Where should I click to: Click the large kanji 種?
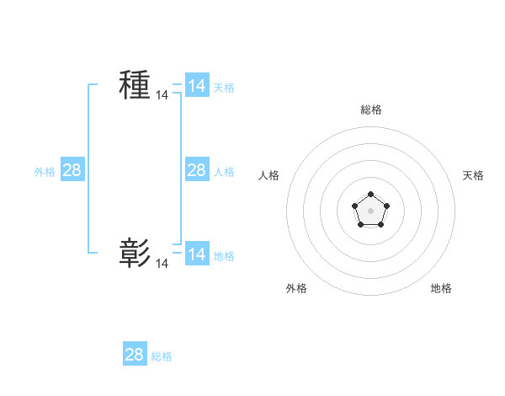(x=135, y=85)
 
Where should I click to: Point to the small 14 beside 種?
(x=162, y=96)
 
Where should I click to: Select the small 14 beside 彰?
(x=162, y=264)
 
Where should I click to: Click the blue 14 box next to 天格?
(x=197, y=86)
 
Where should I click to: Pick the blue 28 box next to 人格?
(x=197, y=170)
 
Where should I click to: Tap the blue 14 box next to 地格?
(x=197, y=254)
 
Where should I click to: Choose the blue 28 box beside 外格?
(x=72, y=170)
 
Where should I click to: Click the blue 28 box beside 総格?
(x=135, y=355)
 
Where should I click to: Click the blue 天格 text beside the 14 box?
(x=224, y=88)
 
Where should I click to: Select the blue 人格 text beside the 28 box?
(x=224, y=172)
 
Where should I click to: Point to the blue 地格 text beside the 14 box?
(x=224, y=255)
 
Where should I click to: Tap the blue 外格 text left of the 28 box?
(x=45, y=172)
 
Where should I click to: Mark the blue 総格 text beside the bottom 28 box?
(x=162, y=356)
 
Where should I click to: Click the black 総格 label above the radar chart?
(x=370, y=110)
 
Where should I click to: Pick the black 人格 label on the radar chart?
(x=269, y=175)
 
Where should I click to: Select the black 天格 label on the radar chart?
(x=473, y=175)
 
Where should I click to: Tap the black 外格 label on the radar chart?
(x=296, y=288)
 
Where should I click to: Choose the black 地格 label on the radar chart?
(x=441, y=288)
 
